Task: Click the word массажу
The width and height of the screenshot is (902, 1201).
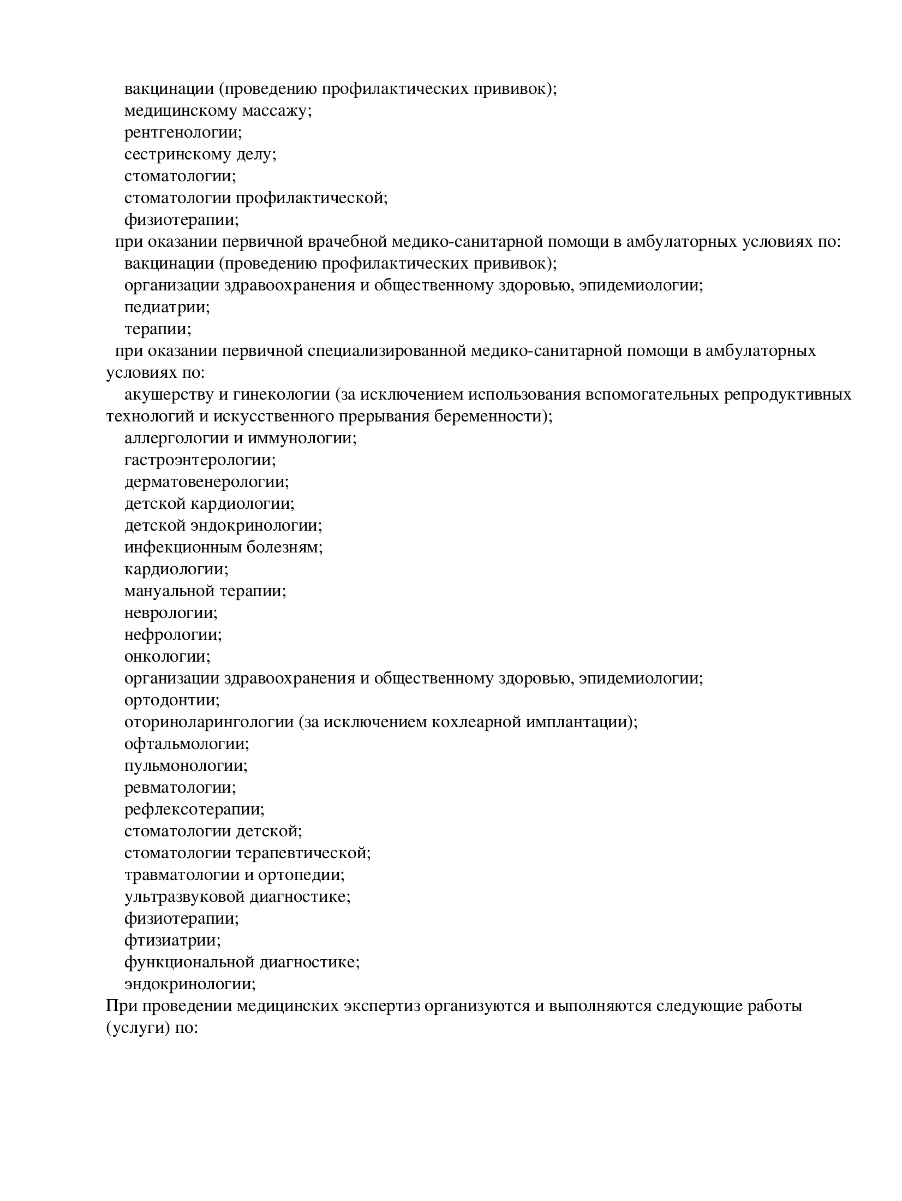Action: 276,111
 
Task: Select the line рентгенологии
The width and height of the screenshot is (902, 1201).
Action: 183,133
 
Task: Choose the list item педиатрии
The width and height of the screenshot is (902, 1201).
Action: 167,307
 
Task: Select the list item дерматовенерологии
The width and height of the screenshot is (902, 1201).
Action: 206,482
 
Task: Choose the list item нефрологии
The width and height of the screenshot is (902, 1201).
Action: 173,635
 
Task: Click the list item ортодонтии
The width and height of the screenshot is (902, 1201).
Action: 172,700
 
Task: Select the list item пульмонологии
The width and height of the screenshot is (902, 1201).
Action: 186,766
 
